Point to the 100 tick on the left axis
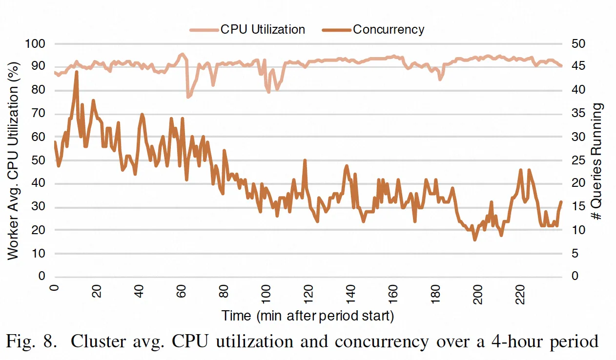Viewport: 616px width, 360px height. [36, 44]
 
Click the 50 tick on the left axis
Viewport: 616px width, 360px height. [39, 160]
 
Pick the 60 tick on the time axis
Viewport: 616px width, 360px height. [182, 292]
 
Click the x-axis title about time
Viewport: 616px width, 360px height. [308, 316]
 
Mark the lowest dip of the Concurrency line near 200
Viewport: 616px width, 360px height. [474, 240]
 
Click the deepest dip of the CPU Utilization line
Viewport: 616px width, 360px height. [188, 97]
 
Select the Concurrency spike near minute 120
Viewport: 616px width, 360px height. [305, 160]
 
